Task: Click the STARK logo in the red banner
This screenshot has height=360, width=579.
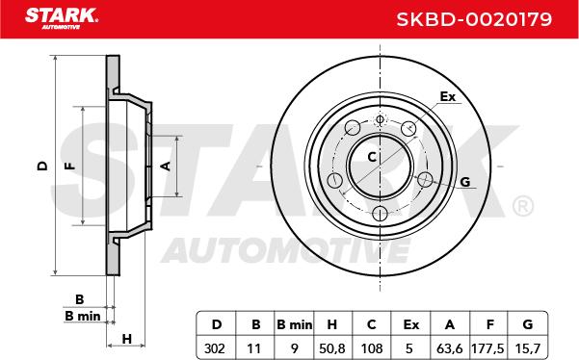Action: (62, 17)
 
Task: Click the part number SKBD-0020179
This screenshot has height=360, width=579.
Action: (474, 19)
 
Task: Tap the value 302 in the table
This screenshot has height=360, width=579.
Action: (215, 347)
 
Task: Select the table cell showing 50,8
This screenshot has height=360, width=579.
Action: (332, 347)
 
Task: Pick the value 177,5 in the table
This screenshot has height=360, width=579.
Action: (487, 347)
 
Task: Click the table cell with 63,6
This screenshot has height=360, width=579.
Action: (449, 347)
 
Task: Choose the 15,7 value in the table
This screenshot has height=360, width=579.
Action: (527, 347)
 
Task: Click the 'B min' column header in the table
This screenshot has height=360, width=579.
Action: (294, 324)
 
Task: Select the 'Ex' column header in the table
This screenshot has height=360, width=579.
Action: (410, 324)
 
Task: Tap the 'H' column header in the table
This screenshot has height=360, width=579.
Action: (332, 324)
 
